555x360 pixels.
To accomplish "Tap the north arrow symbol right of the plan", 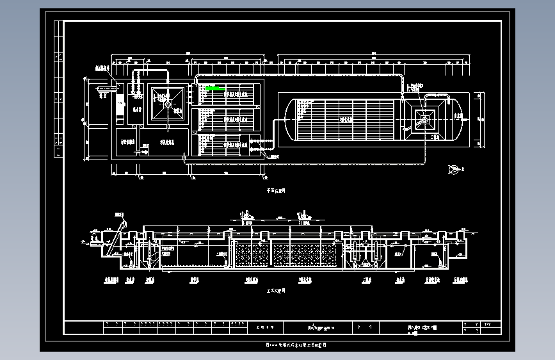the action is [x=454, y=168].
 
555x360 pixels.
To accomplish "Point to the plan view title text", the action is [x=276, y=190].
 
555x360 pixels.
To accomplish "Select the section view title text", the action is [x=276, y=290].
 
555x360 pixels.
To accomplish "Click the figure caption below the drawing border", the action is [x=296, y=345].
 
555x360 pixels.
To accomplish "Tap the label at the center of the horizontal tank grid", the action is [x=346, y=118].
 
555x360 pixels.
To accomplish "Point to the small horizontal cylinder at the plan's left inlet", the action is [x=102, y=86].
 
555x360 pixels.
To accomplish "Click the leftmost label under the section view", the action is [x=110, y=279].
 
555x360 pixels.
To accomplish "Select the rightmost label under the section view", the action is [x=460, y=279].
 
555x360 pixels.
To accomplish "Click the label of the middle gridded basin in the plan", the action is [x=228, y=119].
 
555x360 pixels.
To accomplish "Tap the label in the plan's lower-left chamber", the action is [x=125, y=143].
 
